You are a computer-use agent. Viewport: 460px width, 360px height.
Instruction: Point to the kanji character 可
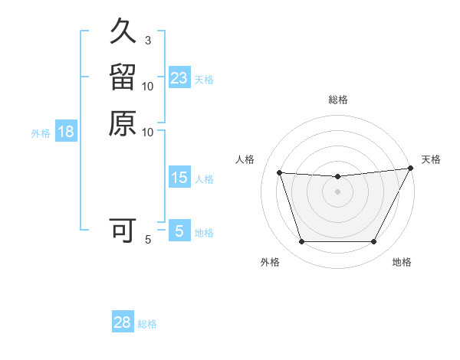(x=123, y=231)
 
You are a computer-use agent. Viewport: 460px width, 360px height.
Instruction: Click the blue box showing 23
(x=179, y=78)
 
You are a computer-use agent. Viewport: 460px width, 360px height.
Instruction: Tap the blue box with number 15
(x=179, y=178)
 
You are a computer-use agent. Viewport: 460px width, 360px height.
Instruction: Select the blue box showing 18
(x=66, y=132)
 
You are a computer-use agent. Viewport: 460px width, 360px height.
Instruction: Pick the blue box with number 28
(x=123, y=322)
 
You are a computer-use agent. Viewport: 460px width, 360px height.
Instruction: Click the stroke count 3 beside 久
(x=147, y=40)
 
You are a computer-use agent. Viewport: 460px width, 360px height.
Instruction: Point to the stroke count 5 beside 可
(x=148, y=240)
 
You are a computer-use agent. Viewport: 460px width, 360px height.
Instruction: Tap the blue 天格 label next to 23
(x=204, y=79)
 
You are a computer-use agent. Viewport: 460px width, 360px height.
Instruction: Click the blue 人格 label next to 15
(x=204, y=179)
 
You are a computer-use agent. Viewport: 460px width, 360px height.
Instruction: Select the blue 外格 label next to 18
(x=41, y=133)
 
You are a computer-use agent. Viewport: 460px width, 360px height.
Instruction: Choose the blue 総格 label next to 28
(x=147, y=323)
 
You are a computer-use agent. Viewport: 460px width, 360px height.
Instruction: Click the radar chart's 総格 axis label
(x=338, y=100)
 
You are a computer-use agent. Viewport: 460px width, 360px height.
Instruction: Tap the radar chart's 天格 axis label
(x=432, y=159)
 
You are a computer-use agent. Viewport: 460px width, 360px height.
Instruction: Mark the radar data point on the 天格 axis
(x=411, y=169)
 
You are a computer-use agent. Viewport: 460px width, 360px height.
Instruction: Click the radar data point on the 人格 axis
(x=280, y=173)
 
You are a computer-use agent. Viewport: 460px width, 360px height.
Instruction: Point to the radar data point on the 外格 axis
(x=301, y=242)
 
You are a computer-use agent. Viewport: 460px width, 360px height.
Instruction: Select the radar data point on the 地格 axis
(x=374, y=242)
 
